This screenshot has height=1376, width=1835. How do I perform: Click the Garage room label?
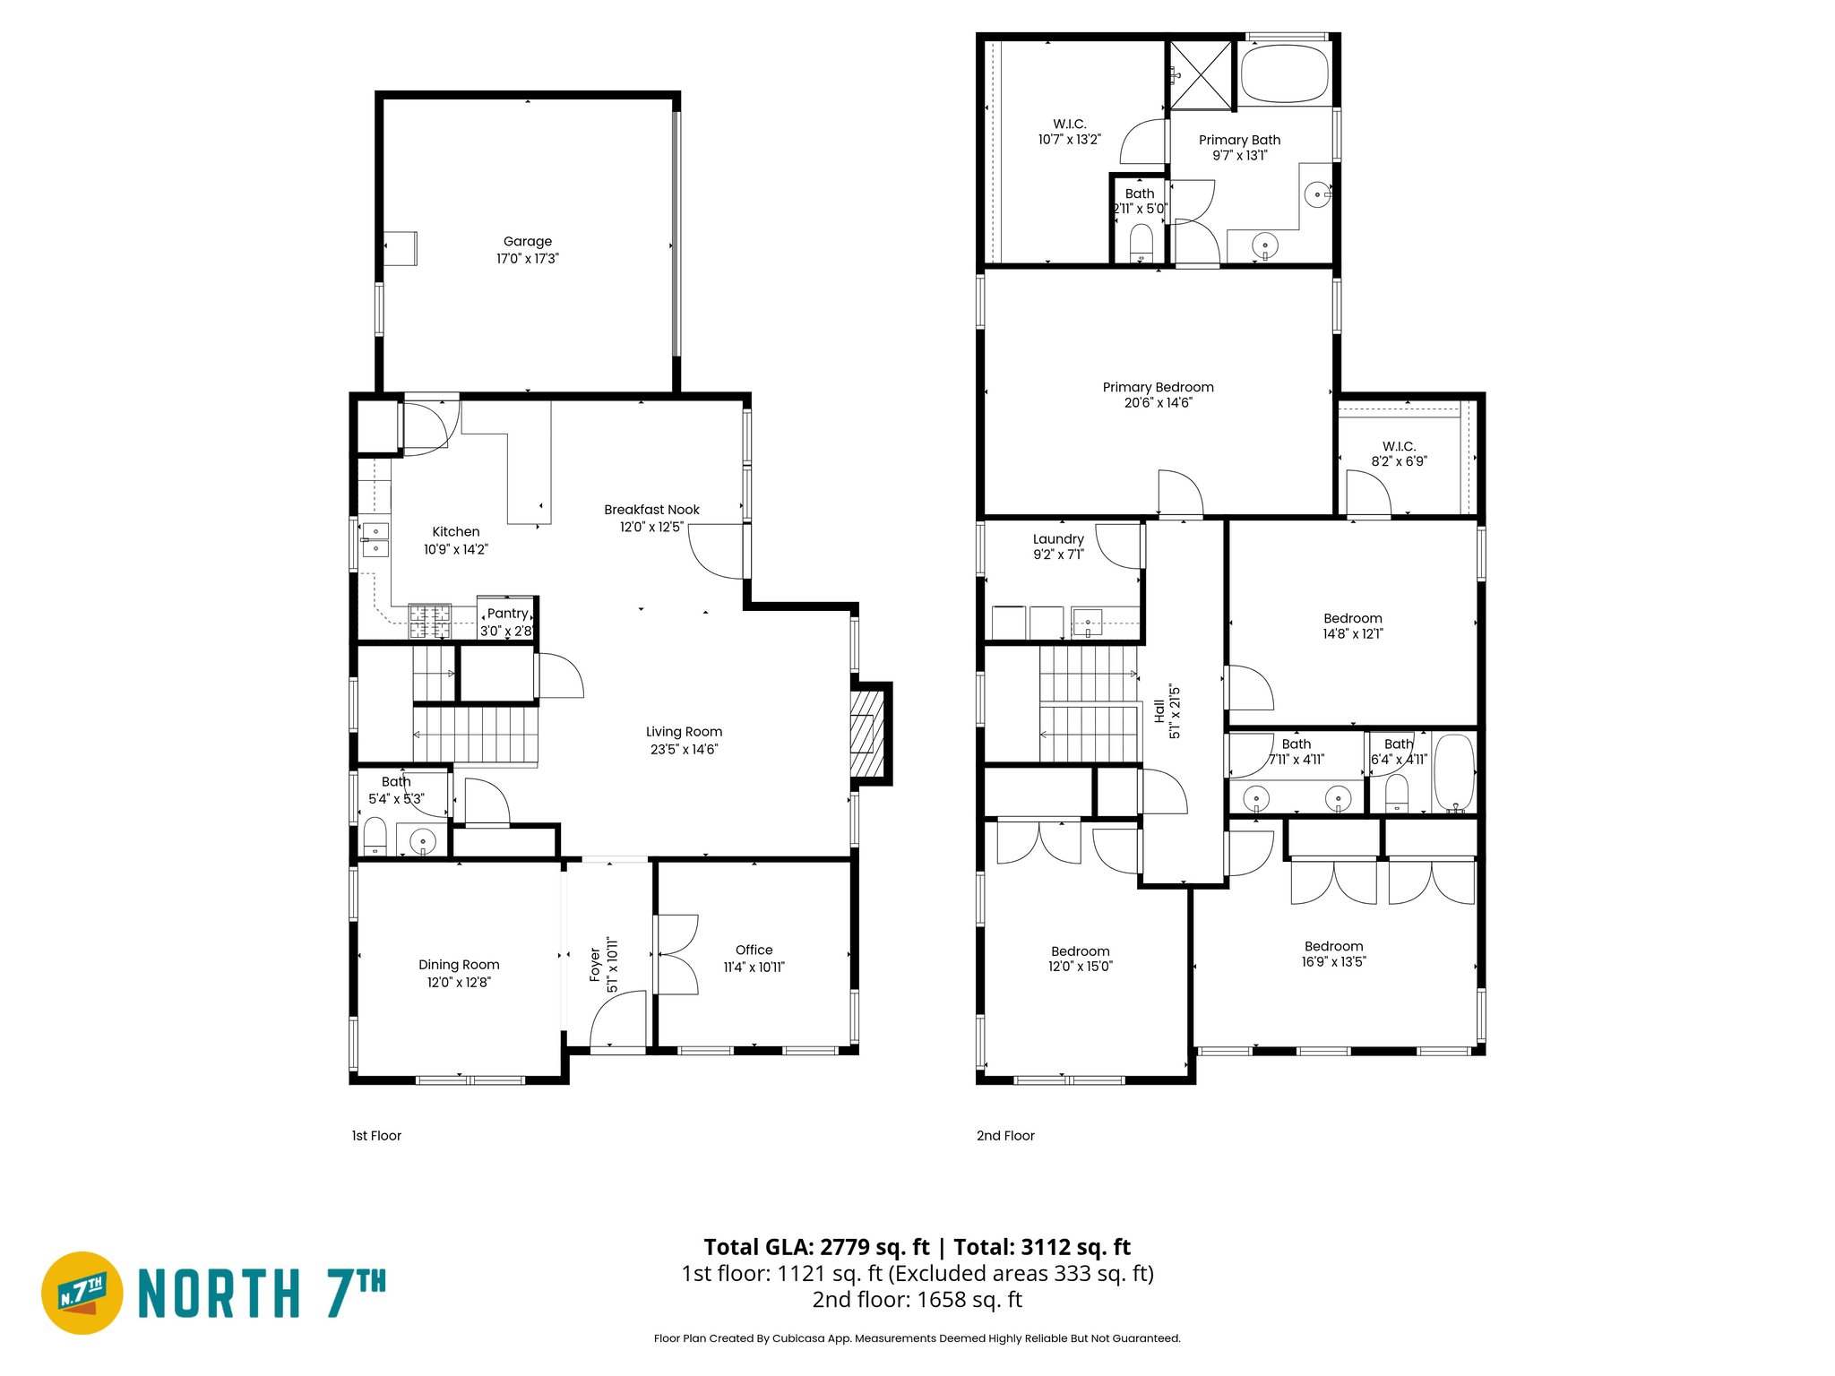(527, 241)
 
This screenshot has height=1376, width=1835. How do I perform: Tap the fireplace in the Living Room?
(866, 734)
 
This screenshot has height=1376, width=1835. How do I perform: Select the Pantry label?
(507, 614)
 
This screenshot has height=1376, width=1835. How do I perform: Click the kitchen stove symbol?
(429, 621)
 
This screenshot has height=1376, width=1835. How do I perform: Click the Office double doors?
(676, 954)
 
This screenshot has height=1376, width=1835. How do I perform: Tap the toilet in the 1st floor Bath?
(375, 838)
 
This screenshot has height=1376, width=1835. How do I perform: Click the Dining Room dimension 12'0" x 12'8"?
(459, 982)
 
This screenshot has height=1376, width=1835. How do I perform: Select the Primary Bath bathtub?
(1283, 73)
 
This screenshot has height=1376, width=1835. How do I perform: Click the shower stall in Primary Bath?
(1202, 74)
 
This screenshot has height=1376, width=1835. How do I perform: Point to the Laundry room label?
(1058, 539)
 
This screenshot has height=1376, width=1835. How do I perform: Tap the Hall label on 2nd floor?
(1159, 712)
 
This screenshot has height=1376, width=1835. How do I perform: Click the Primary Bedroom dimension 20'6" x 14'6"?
(1158, 403)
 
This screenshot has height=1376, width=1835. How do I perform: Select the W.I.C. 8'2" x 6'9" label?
(1399, 453)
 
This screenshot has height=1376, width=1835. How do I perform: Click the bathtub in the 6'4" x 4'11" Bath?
(1454, 772)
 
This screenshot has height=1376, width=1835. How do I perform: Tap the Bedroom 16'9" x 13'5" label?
(1333, 947)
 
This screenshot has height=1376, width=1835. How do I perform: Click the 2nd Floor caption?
(1005, 1135)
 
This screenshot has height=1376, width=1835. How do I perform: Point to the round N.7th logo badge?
(82, 1293)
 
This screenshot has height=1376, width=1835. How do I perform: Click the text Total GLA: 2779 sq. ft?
(816, 1247)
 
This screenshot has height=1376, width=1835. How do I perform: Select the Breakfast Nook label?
(651, 510)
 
